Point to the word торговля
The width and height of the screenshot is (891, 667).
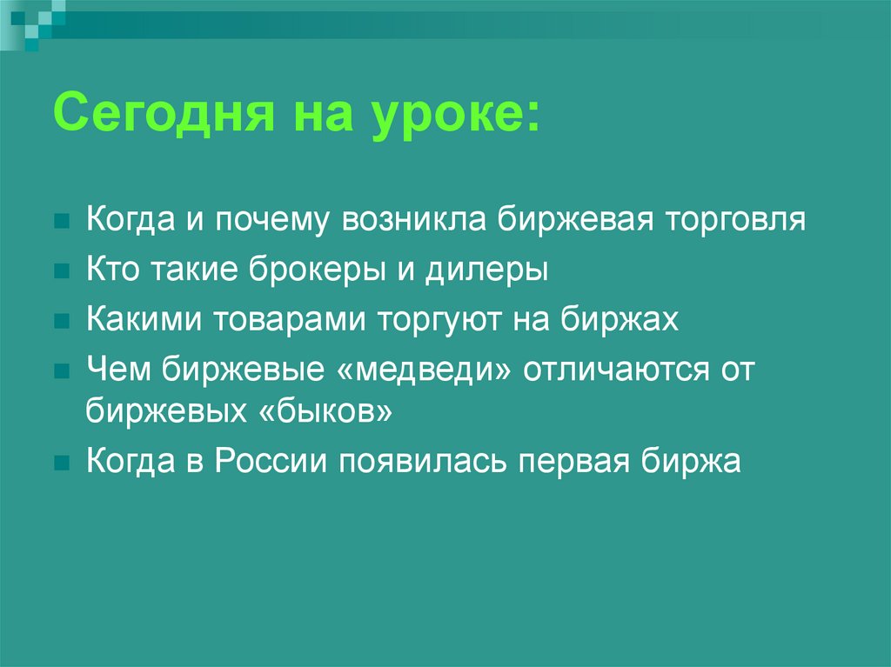[735, 219]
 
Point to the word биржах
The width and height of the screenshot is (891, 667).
[620, 319]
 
